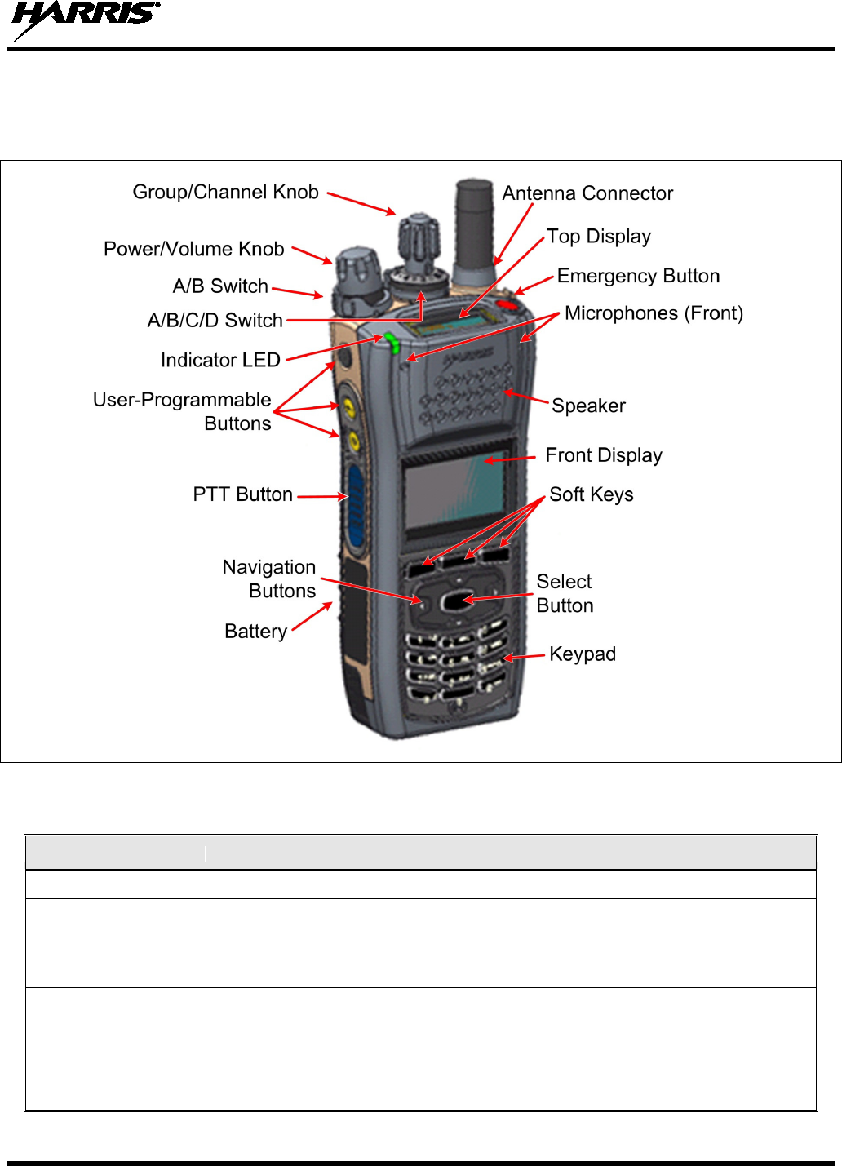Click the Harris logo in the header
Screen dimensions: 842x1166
tap(85, 20)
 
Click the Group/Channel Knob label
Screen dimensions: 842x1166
tap(225, 193)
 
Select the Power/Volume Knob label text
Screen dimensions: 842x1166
tap(193, 249)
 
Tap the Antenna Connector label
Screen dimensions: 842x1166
tap(587, 193)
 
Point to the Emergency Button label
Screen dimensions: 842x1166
tap(638, 276)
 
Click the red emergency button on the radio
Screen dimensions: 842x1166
tap(507, 305)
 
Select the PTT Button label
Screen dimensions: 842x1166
tap(242, 494)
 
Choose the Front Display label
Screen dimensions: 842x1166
tap(604, 455)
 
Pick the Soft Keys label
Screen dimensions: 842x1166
tap(592, 494)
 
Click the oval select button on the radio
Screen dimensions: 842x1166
tap(454, 602)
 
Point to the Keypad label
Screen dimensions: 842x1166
tap(583, 654)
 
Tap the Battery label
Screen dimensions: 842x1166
tap(255, 632)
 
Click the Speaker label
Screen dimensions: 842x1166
tap(588, 406)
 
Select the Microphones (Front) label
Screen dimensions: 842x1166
tap(654, 313)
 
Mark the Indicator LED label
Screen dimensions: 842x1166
tap(220, 360)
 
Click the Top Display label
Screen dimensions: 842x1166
tap(599, 237)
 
